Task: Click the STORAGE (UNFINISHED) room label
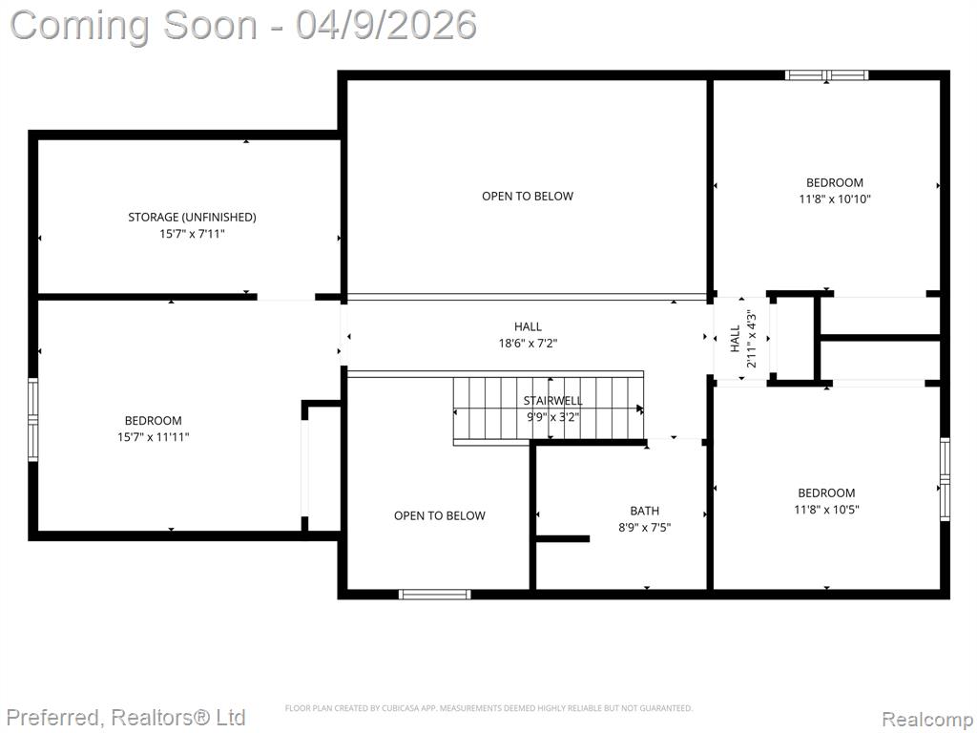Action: click(192, 217)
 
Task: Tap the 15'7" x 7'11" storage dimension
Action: click(192, 234)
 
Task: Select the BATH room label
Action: click(644, 512)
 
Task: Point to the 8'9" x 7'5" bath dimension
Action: click(644, 527)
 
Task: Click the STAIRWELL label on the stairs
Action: click(552, 400)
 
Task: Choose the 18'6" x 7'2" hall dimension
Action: click(528, 343)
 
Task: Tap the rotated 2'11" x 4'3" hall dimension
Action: click(752, 339)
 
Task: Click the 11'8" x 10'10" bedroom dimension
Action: click(834, 199)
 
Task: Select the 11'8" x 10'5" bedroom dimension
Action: click(826, 510)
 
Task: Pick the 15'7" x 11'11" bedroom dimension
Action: click(154, 437)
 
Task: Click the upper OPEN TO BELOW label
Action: click(527, 197)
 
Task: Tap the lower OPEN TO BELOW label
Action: click(439, 516)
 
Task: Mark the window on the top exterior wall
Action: click(826, 75)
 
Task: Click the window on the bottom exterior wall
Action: click(435, 594)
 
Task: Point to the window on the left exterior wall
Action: click(33, 420)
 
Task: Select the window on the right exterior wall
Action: click(945, 479)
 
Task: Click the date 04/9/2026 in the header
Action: click(386, 25)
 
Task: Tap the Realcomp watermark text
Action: click(927, 720)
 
